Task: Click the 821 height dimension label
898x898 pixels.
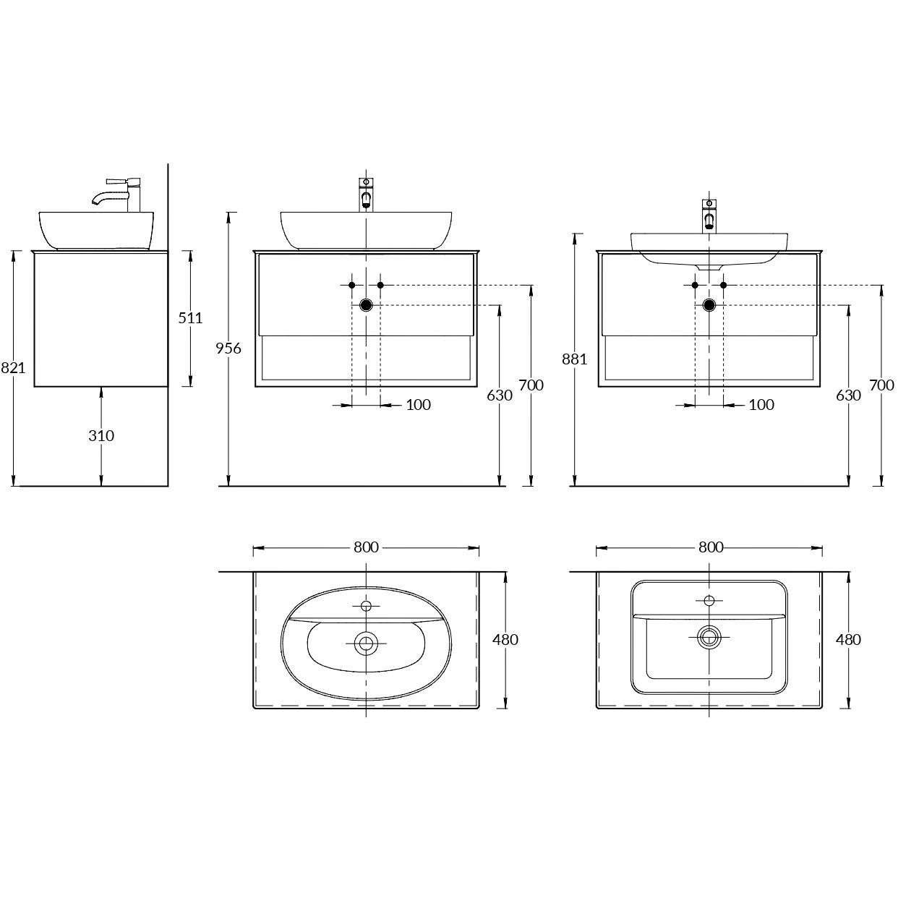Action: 12,368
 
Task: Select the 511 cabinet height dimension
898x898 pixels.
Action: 190,318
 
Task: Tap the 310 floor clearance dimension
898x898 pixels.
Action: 101,436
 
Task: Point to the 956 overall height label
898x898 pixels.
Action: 228,348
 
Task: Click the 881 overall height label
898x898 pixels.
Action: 575,359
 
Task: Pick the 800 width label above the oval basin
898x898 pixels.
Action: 366,547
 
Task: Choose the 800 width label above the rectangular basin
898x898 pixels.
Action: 711,547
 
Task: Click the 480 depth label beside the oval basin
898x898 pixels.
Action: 505,639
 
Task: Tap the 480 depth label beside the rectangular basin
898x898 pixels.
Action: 848,639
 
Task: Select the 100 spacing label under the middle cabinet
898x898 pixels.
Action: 418,404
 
